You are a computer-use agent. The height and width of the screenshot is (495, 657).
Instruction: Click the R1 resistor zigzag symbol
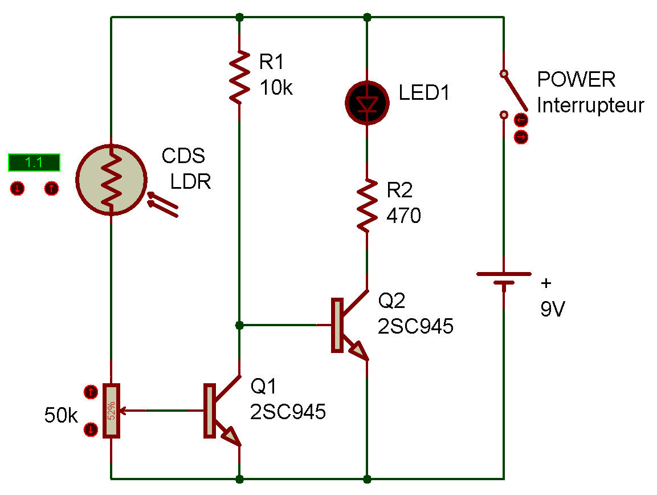point(239,77)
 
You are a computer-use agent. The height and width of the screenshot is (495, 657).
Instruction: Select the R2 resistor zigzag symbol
point(367,205)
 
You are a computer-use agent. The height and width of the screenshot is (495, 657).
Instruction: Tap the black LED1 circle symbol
point(367,103)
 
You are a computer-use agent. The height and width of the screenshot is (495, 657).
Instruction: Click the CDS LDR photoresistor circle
point(112,180)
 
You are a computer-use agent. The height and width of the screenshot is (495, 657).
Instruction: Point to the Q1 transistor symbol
point(222,411)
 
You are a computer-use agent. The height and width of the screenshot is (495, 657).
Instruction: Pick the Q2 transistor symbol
point(350,325)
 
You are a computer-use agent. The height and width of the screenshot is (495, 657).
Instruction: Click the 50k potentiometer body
point(112,411)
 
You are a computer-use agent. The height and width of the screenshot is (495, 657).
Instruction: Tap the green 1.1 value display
point(34,163)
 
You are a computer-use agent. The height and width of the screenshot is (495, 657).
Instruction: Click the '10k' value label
point(276,88)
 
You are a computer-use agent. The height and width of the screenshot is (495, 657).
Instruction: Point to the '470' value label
point(403,216)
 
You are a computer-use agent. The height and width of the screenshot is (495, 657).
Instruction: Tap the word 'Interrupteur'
point(590,105)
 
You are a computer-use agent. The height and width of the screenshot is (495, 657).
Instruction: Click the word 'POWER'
point(576,79)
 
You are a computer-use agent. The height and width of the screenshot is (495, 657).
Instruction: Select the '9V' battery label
point(553,309)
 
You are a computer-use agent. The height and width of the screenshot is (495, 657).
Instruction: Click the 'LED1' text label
point(423,92)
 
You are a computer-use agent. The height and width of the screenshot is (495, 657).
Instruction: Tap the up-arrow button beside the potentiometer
point(91,392)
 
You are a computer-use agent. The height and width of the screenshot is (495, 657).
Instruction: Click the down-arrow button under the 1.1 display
point(17,188)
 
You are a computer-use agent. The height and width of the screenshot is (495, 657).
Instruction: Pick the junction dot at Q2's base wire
point(239,325)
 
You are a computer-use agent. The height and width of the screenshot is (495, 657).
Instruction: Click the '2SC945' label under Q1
point(288,412)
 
